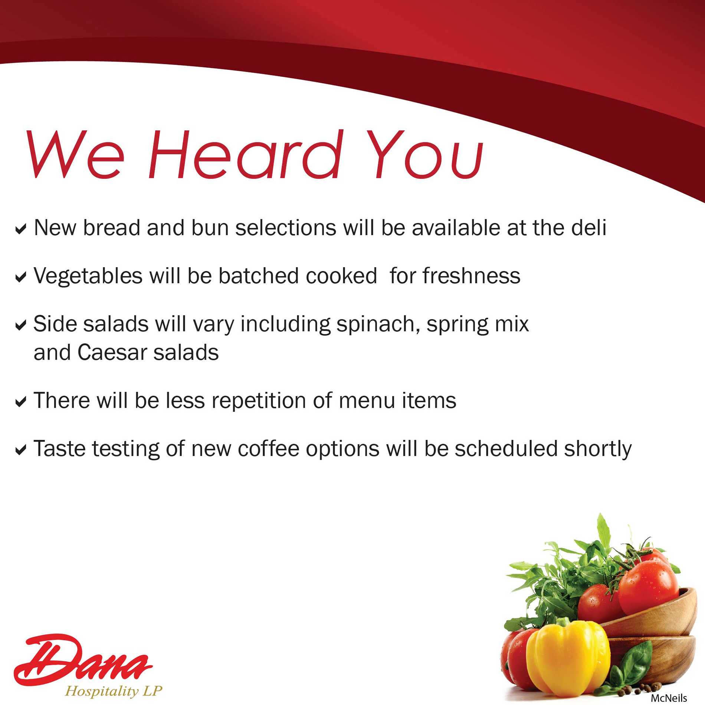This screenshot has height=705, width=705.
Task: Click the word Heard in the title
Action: pyautogui.click(x=245, y=154)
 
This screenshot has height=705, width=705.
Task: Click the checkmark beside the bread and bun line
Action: pyautogui.click(x=21, y=229)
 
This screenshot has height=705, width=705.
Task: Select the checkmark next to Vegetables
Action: pyautogui.click(x=21, y=277)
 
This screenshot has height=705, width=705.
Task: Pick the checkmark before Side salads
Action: pyautogui.click(x=21, y=325)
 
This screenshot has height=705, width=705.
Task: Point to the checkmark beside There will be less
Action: pyautogui.click(x=21, y=401)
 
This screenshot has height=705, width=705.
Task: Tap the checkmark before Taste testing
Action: pyautogui.click(x=21, y=450)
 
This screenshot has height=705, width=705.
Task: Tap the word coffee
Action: pyautogui.click(x=268, y=449)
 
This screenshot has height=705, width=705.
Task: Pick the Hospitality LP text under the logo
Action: pyautogui.click(x=114, y=691)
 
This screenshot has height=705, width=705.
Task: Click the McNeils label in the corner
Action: pyautogui.click(x=669, y=698)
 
